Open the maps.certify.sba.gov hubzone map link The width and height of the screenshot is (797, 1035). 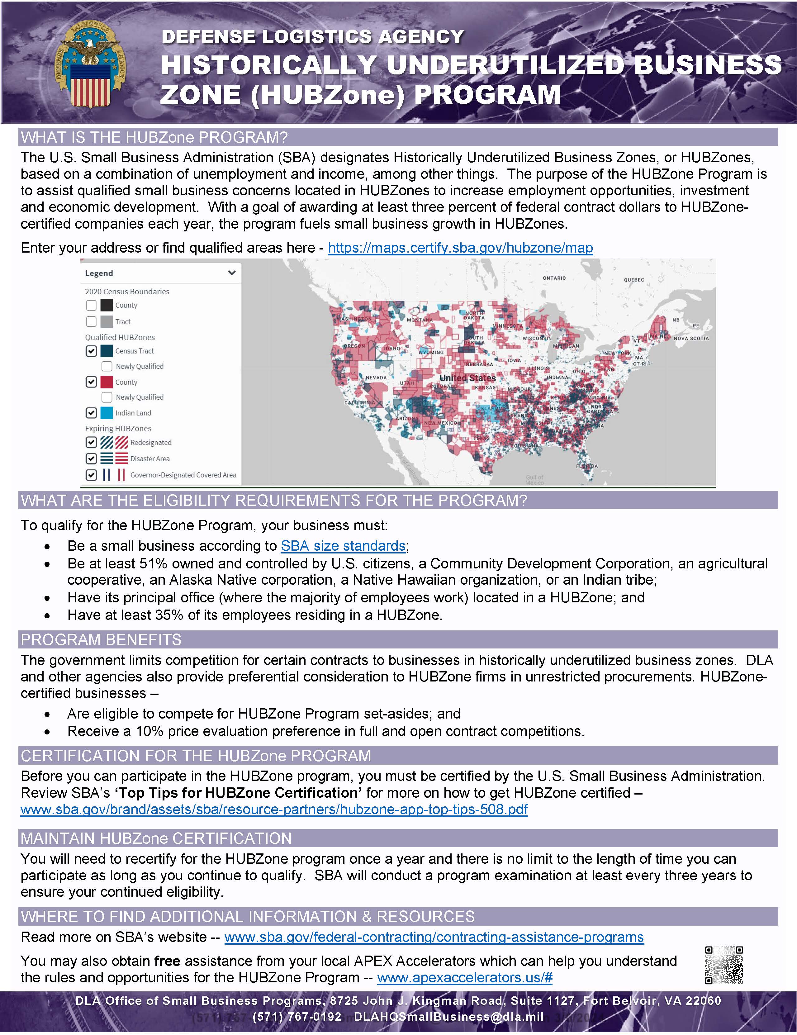point(460,248)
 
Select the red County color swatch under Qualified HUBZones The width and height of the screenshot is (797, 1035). point(107,382)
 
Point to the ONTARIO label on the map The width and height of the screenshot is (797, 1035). point(554,278)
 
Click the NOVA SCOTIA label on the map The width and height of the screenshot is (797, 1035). point(691,338)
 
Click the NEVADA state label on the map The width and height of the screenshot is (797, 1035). point(376,378)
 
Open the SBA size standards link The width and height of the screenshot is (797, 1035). point(343,546)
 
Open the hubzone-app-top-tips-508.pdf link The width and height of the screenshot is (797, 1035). point(274,809)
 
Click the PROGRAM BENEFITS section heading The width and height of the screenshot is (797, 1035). point(101,640)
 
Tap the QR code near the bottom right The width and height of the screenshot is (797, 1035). point(723,965)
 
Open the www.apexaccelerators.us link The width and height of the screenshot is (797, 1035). point(464,978)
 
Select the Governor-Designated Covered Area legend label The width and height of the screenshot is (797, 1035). point(183,475)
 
